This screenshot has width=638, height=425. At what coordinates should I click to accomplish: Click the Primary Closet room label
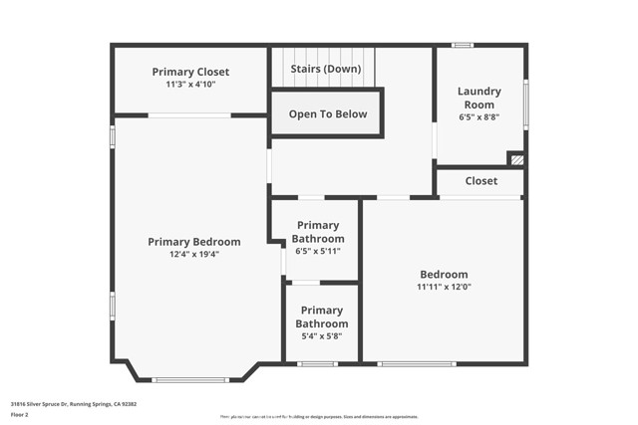pos(190,72)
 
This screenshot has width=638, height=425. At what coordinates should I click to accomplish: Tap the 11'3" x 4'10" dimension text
pos(190,85)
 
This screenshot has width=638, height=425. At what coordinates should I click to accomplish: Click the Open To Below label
pos(328,113)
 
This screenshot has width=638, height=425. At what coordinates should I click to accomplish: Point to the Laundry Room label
pos(479,98)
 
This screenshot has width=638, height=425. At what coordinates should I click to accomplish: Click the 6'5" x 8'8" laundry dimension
pos(479,116)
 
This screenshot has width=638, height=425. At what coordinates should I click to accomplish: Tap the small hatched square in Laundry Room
pos(515,158)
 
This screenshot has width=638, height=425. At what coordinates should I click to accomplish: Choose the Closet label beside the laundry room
pos(480,181)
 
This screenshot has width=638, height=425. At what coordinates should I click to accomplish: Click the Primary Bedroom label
pos(194,242)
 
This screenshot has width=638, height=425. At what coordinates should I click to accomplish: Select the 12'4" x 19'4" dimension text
pos(194,254)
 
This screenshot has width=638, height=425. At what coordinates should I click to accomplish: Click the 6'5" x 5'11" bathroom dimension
pos(318,251)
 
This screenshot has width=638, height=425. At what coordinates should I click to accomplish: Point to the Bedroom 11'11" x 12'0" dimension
pos(444,287)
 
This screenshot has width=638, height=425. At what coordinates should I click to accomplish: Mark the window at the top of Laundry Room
pos(462,45)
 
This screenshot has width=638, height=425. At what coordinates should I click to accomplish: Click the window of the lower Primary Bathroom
pos(317,363)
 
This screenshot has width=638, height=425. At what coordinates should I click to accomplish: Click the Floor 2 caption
pos(20,414)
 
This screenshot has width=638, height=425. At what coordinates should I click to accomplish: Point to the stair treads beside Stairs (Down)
pos(325,57)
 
